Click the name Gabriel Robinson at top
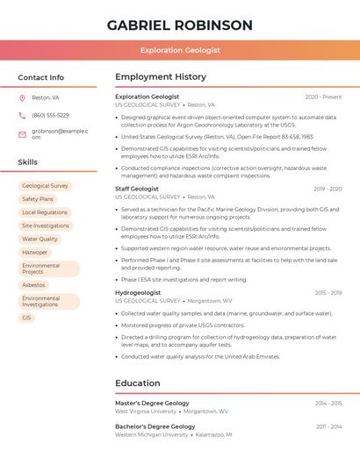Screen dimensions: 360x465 pyautogui.click(x=179, y=25)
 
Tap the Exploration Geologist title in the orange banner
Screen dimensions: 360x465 pyautogui.click(x=180, y=50)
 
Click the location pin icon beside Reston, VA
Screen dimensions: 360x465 pyautogui.click(x=22, y=97)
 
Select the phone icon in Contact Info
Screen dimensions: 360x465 pyautogui.click(x=22, y=115)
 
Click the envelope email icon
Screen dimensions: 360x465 pyautogui.click(x=22, y=134)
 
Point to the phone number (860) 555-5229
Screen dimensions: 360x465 pyautogui.click(x=50, y=115)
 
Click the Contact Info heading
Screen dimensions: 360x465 pyautogui.click(x=40, y=77)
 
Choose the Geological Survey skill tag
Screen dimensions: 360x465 pyautogui.click(x=45, y=186)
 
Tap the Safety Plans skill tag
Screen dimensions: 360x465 pyautogui.click(x=38, y=199)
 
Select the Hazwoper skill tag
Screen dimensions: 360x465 pyautogui.click(x=35, y=252)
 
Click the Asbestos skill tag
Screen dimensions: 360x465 pyautogui.click(x=33, y=285)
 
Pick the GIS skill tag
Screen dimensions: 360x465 pyautogui.click(x=26, y=318)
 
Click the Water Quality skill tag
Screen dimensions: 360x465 pyautogui.click(x=40, y=239)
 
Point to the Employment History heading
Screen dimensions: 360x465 pyautogui.click(x=161, y=77)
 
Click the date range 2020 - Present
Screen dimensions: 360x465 pyautogui.click(x=323, y=97)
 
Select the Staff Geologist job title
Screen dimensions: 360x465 pyautogui.click(x=137, y=189)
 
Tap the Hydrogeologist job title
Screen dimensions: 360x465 pyautogui.click(x=138, y=292)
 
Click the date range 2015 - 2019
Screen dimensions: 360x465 pyautogui.click(x=328, y=292)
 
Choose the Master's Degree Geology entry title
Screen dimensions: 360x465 pyautogui.click(x=152, y=403)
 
